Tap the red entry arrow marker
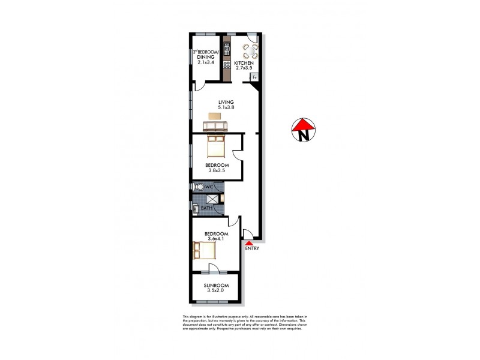click(250, 242)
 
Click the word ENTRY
click(252, 248)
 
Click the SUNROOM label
click(215, 285)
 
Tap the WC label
click(209, 187)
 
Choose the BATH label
click(206, 208)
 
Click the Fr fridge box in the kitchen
click(254, 77)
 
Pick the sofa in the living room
click(215, 125)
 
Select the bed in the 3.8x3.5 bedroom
click(215, 145)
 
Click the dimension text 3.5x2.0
click(215, 291)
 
